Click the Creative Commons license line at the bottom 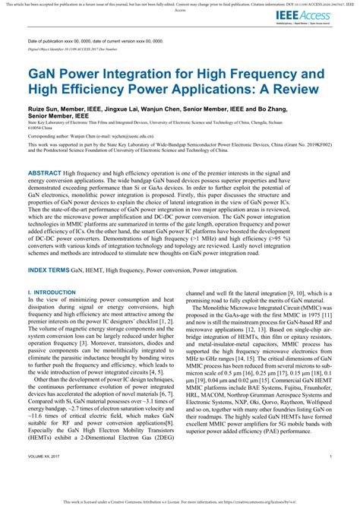(179, 502)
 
